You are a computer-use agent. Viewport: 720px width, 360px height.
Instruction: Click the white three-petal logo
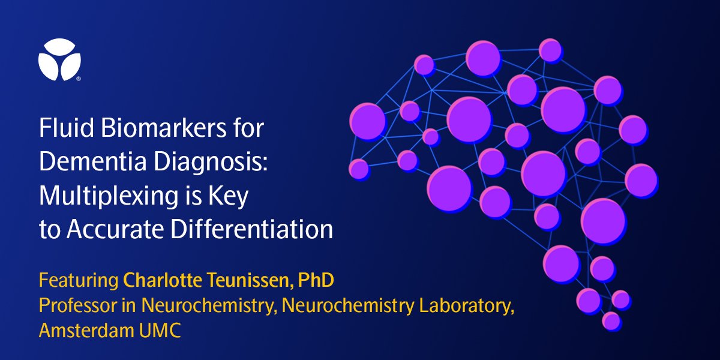59,59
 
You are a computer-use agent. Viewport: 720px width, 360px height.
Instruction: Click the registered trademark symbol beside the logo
78,79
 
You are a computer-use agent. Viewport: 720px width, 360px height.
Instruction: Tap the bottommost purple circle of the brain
611,320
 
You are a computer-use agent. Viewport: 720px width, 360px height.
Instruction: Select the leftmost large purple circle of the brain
367,122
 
